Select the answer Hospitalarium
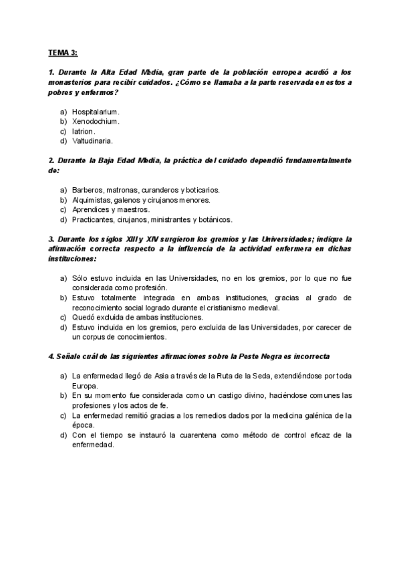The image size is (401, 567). (96, 112)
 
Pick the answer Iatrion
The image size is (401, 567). (84, 132)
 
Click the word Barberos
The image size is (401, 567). (87, 190)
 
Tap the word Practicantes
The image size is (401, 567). (92, 219)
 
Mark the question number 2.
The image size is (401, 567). (51, 160)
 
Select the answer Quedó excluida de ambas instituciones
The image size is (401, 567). (127, 316)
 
